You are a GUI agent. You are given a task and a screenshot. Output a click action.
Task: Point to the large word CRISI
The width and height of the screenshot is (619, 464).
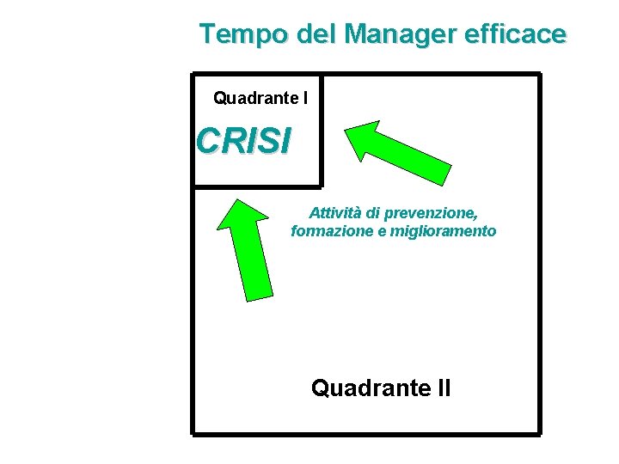[243, 141]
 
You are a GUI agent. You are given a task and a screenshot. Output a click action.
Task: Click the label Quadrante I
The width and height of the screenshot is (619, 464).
[260, 99]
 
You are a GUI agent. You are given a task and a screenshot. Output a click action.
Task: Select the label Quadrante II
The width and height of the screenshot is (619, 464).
[380, 388]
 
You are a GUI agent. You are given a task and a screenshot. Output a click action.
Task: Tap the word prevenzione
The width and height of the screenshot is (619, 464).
[435, 212]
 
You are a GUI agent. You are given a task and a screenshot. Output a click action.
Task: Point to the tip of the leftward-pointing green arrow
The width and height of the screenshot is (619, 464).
[346, 130]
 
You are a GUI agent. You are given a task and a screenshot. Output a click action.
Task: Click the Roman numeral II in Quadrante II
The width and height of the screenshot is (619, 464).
[442, 388]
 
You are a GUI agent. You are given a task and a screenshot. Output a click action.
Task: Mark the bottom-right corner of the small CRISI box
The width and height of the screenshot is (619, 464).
[321, 185]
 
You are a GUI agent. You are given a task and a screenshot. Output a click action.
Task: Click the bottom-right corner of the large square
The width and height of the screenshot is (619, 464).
[539, 432]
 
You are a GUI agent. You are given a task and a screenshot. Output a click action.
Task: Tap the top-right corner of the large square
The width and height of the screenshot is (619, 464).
[539, 75]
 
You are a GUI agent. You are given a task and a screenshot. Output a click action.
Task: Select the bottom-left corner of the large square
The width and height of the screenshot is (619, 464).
[193, 432]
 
